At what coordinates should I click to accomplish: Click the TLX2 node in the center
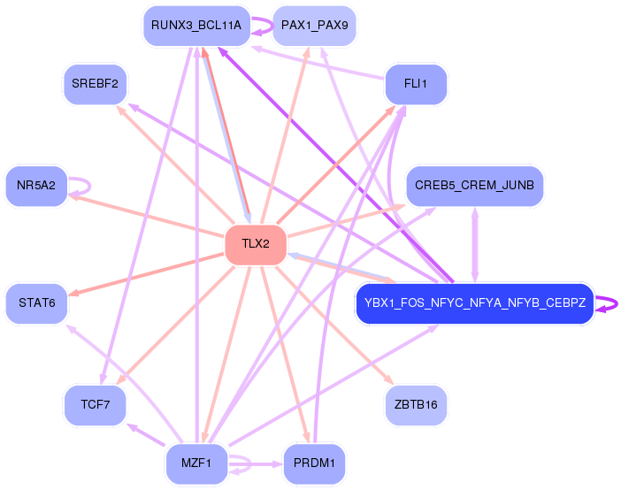point(256,245)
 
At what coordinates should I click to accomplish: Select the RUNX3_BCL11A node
point(195,26)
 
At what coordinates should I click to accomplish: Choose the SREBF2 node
point(96,84)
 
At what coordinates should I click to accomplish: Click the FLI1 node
point(416,84)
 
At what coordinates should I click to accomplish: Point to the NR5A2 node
point(36,185)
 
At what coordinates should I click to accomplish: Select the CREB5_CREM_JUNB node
point(475,185)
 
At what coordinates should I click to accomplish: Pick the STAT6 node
point(36,303)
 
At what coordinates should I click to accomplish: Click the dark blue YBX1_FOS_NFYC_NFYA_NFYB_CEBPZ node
point(474,303)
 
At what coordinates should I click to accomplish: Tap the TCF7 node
point(95,404)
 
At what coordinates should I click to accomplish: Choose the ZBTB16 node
point(416,404)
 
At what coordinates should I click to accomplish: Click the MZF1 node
point(196,463)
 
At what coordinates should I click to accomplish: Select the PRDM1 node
point(313,463)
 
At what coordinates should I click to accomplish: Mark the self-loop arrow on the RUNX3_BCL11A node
point(262,27)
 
